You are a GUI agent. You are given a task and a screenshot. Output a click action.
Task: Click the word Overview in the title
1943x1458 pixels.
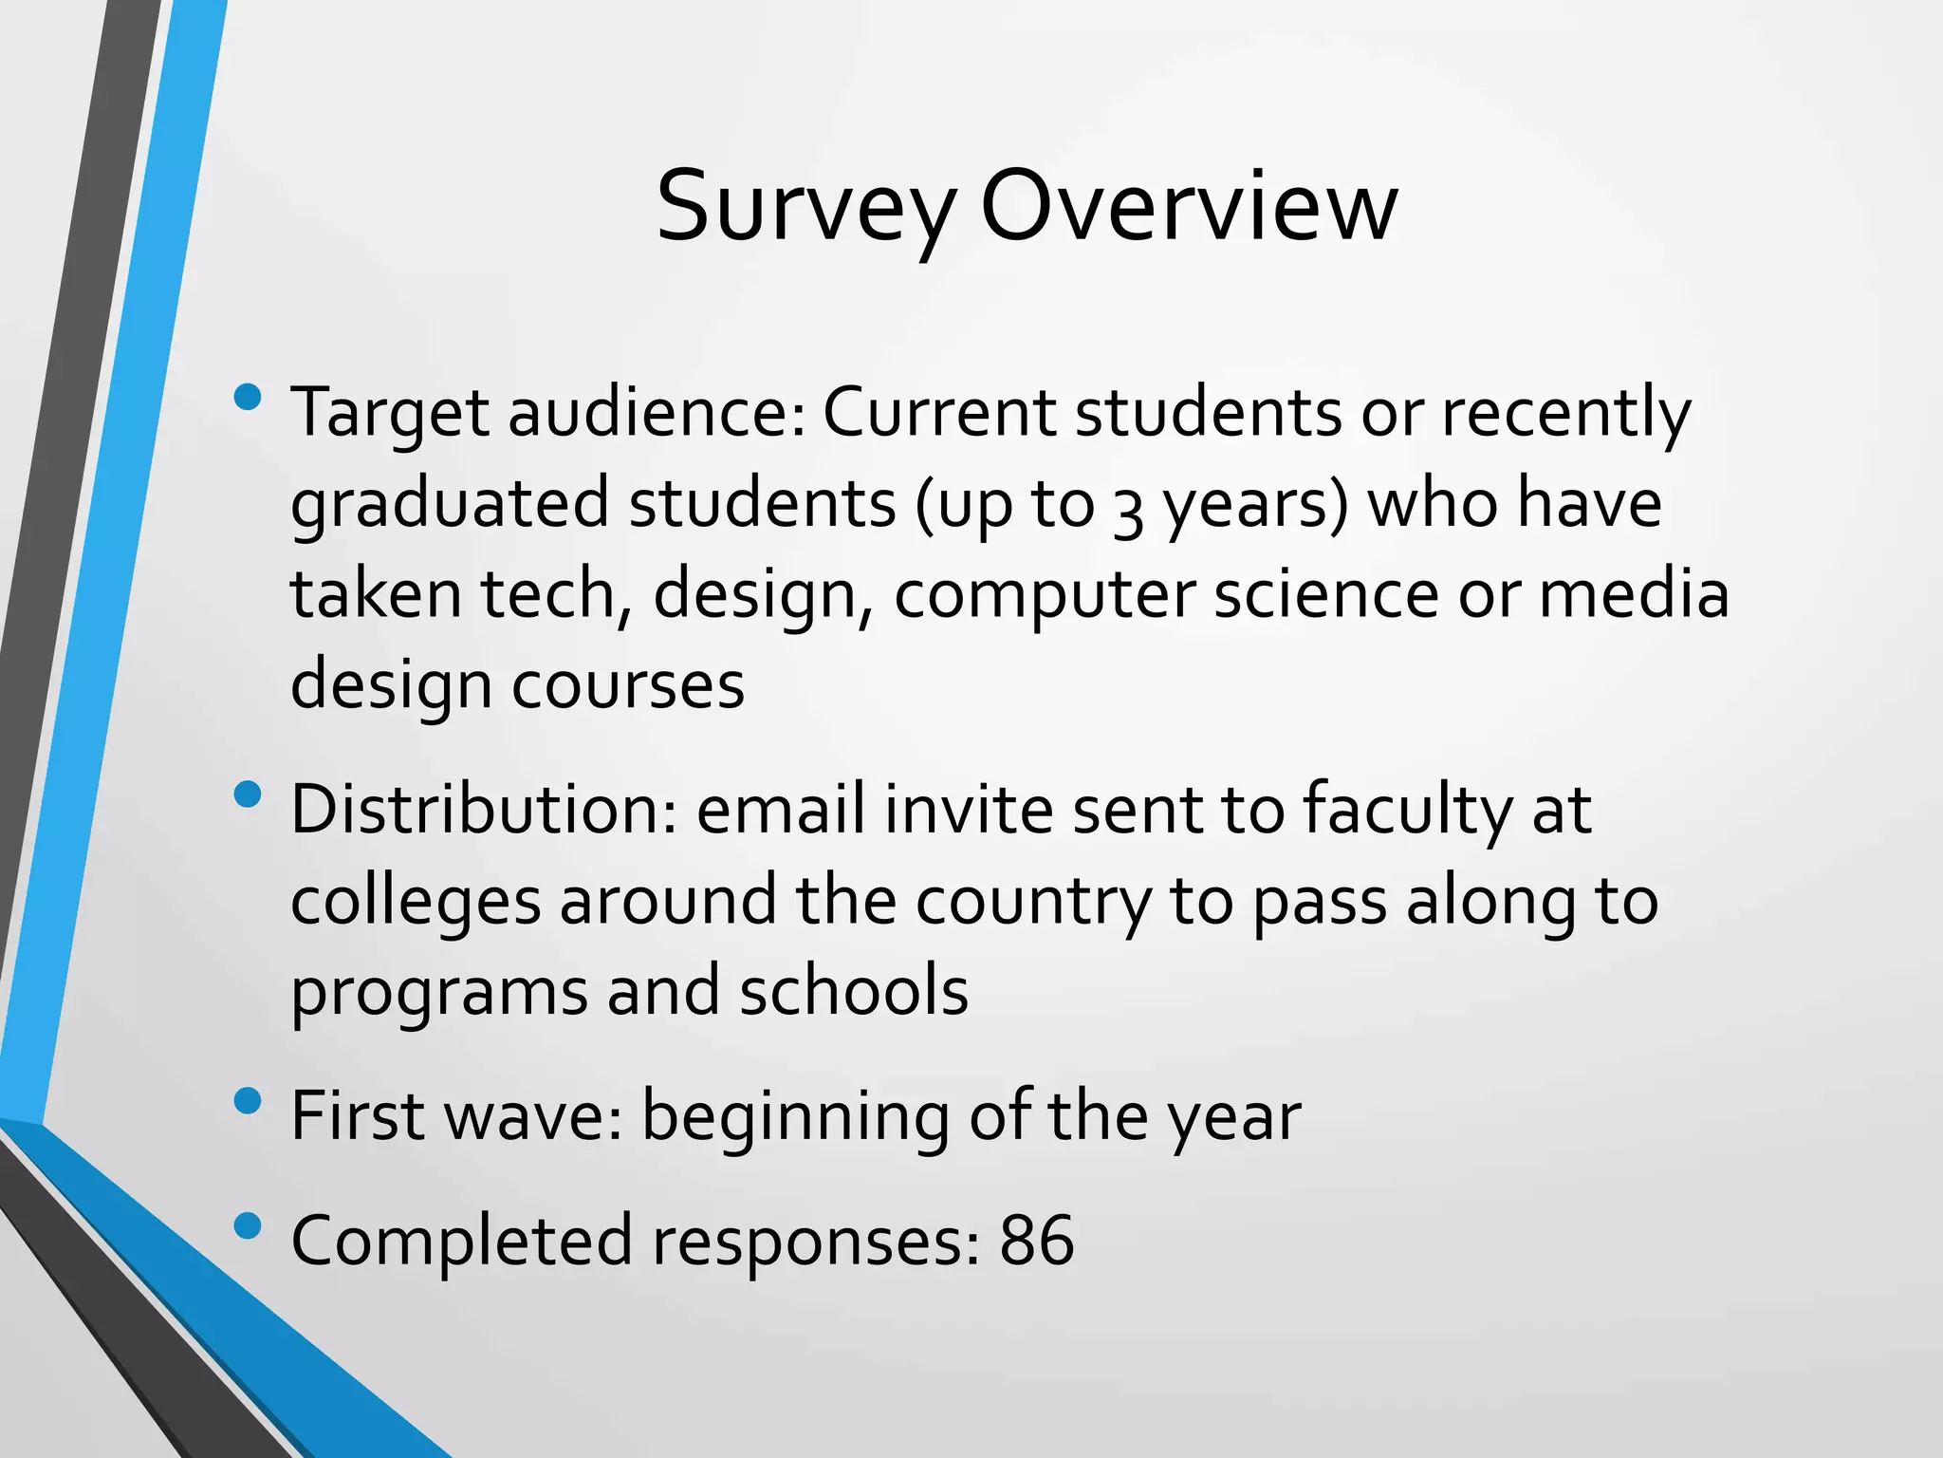(1188, 207)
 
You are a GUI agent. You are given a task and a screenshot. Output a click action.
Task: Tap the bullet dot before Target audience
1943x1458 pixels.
(247, 397)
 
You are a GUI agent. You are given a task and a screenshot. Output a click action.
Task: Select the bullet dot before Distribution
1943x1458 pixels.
(247, 794)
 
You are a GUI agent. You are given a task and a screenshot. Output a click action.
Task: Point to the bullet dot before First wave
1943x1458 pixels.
(247, 1101)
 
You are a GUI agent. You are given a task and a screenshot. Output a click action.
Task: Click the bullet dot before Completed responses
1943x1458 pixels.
(247, 1225)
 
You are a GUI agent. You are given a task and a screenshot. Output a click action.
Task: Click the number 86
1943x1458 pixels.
(1036, 1240)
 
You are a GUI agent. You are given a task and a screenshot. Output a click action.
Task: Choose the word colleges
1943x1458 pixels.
(416, 902)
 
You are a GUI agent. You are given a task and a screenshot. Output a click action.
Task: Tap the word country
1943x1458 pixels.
(1032, 902)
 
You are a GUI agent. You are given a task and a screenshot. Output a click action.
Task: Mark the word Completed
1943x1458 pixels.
(461, 1242)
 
